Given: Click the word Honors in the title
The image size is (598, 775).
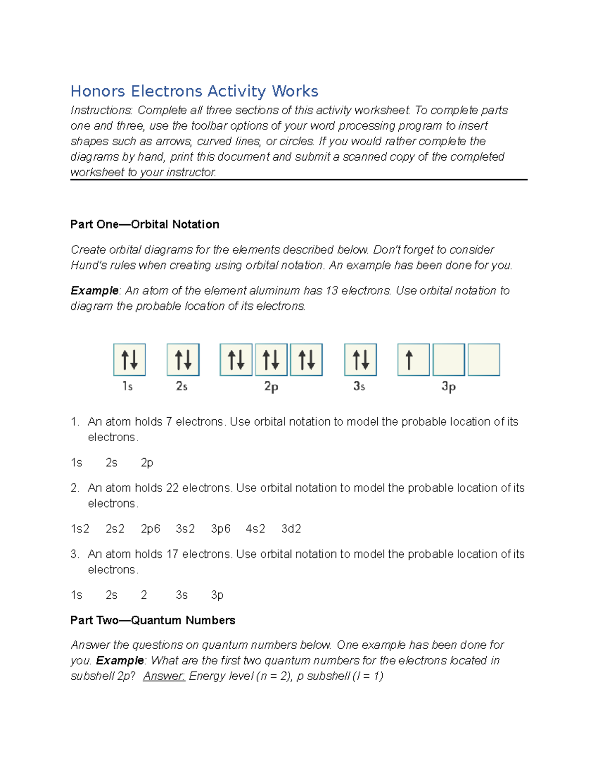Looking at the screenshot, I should [x=98, y=91].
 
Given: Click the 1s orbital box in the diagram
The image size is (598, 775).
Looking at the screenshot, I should [x=130, y=359].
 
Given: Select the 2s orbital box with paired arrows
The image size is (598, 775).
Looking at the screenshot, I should [x=183, y=359].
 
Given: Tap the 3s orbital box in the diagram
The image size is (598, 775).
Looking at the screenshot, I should [x=360, y=359].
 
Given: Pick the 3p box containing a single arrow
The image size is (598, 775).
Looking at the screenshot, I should [x=413, y=359].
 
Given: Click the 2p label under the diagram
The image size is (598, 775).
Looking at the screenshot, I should [x=271, y=387].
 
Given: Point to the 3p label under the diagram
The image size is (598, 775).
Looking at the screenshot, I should [x=448, y=387].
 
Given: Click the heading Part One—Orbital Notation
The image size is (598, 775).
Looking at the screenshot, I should [x=145, y=225].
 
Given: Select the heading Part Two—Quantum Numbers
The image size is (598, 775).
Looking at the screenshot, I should [x=152, y=620].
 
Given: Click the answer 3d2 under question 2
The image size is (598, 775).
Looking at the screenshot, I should [x=291, y=529].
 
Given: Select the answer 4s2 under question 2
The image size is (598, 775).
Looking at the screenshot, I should [x=255, y=529].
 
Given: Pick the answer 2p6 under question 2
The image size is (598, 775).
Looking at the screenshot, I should [x=150, y=529].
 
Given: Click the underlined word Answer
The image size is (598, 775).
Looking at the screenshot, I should [x=164, y=676].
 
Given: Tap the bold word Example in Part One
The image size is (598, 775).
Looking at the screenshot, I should [x=94, y=291].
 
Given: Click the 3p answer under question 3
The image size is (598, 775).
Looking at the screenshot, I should [x=217, y=595].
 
